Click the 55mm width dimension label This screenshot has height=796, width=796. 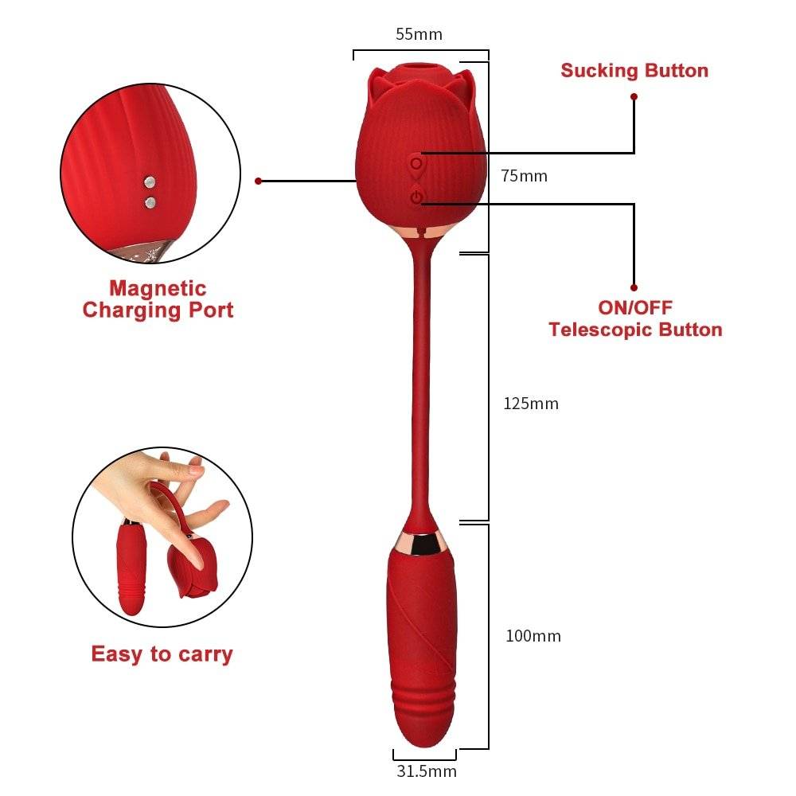(419, 34)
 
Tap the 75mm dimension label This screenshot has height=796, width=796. (524, 176)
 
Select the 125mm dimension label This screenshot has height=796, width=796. (531, 404)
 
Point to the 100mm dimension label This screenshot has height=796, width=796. (533, 636)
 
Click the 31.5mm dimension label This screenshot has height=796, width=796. (427, 771)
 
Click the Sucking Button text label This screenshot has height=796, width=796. (634, 70)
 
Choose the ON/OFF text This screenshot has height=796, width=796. (635, 307)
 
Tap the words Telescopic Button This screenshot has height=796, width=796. (635, 330)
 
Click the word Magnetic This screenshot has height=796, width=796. (158, 288)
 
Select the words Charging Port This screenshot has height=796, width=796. (158, 310)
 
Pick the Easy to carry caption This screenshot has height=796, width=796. (162, 654)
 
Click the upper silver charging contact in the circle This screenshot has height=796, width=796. (149, 183)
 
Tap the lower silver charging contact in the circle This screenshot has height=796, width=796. (150, 202)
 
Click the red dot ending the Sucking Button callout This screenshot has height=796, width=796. (634, 96)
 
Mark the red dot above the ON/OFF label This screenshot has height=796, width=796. (634, 287)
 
